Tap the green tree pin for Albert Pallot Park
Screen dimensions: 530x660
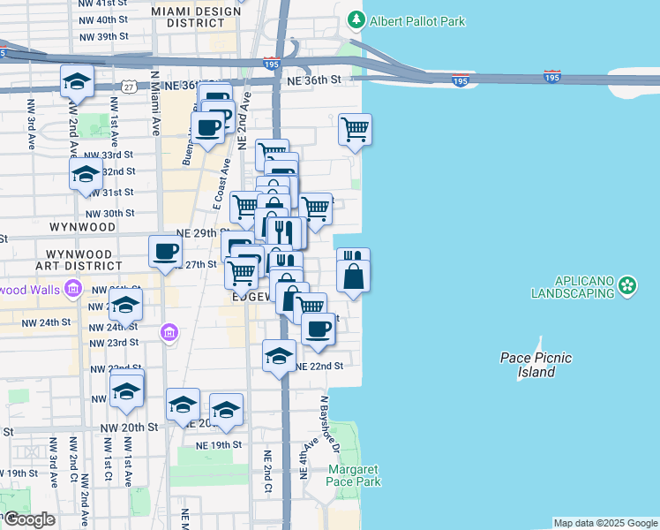pyautogui.click(x=356, y=19)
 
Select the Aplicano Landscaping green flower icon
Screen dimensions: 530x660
pyautogui.click(x=627, y=284)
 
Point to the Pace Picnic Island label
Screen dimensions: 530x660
pyautogui.click(x=536, y=365)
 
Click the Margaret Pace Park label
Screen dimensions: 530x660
pyautogui.click(x=354, y=475)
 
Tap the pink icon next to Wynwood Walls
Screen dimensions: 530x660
pyautogui.click(x=73, y=289)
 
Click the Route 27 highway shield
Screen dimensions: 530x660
pyautogui.click(x=130, y=86)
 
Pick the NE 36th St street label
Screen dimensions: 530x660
pyautogui.click(x=313, y=80)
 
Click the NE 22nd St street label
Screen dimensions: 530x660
pyautogui.click(x=319, y=366)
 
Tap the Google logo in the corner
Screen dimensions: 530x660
pyautogui.click(x=28, y=519)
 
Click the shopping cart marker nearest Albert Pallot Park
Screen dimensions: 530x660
pyautogui.click(x=355, y=129)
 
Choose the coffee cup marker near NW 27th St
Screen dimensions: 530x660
pyautogui.click(x=165, y=252)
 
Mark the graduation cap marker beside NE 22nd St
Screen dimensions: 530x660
pyautogui.click(x=280, y=356)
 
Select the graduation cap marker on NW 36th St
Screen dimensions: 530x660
pyautogui.click(x=78, y=81)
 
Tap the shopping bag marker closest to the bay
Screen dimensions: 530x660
pyautogui.click(x=353, y=277)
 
